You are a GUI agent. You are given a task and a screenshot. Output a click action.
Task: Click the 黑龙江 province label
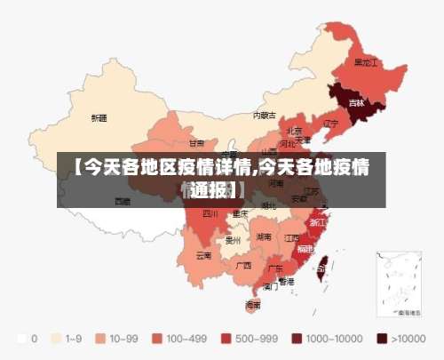366,63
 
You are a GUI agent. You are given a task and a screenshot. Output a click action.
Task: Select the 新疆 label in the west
99,117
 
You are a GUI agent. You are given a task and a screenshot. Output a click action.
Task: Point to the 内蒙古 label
264,115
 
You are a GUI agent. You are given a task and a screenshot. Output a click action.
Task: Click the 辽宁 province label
330,124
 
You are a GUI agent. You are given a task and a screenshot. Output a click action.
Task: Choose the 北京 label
294,130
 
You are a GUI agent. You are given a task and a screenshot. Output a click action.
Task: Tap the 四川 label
210,213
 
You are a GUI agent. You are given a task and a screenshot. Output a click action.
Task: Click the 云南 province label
203,255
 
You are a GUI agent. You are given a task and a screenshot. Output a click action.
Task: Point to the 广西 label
242,265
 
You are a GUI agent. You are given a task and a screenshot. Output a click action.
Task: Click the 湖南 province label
264,237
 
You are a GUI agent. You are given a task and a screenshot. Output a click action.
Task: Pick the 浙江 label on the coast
316,222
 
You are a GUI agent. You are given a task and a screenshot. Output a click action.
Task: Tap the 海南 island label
253,304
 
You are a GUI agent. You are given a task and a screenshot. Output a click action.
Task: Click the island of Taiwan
321,263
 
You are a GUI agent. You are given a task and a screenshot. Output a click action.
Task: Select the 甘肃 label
196,142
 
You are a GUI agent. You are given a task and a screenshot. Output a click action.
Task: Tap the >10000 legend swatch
383,339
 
